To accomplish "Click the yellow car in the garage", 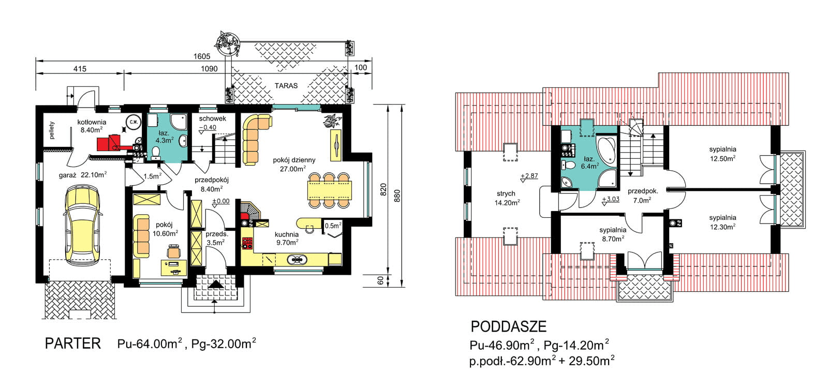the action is pos(82,225).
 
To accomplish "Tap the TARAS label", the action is pos(286,86).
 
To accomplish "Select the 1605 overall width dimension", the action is pos(202,56).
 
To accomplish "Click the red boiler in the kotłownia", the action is pos(110,143).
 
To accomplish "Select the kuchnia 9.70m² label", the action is pos(287,239).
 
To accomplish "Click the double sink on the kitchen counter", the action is pos(297,260).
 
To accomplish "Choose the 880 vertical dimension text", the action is pos(397,196).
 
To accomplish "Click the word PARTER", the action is pos(73,344).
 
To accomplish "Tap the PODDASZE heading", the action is pos(509,327).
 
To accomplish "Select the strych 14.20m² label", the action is pos(507,198).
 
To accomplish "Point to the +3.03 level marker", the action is pos(610,200).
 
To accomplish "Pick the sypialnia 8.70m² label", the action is pos(613,234).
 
